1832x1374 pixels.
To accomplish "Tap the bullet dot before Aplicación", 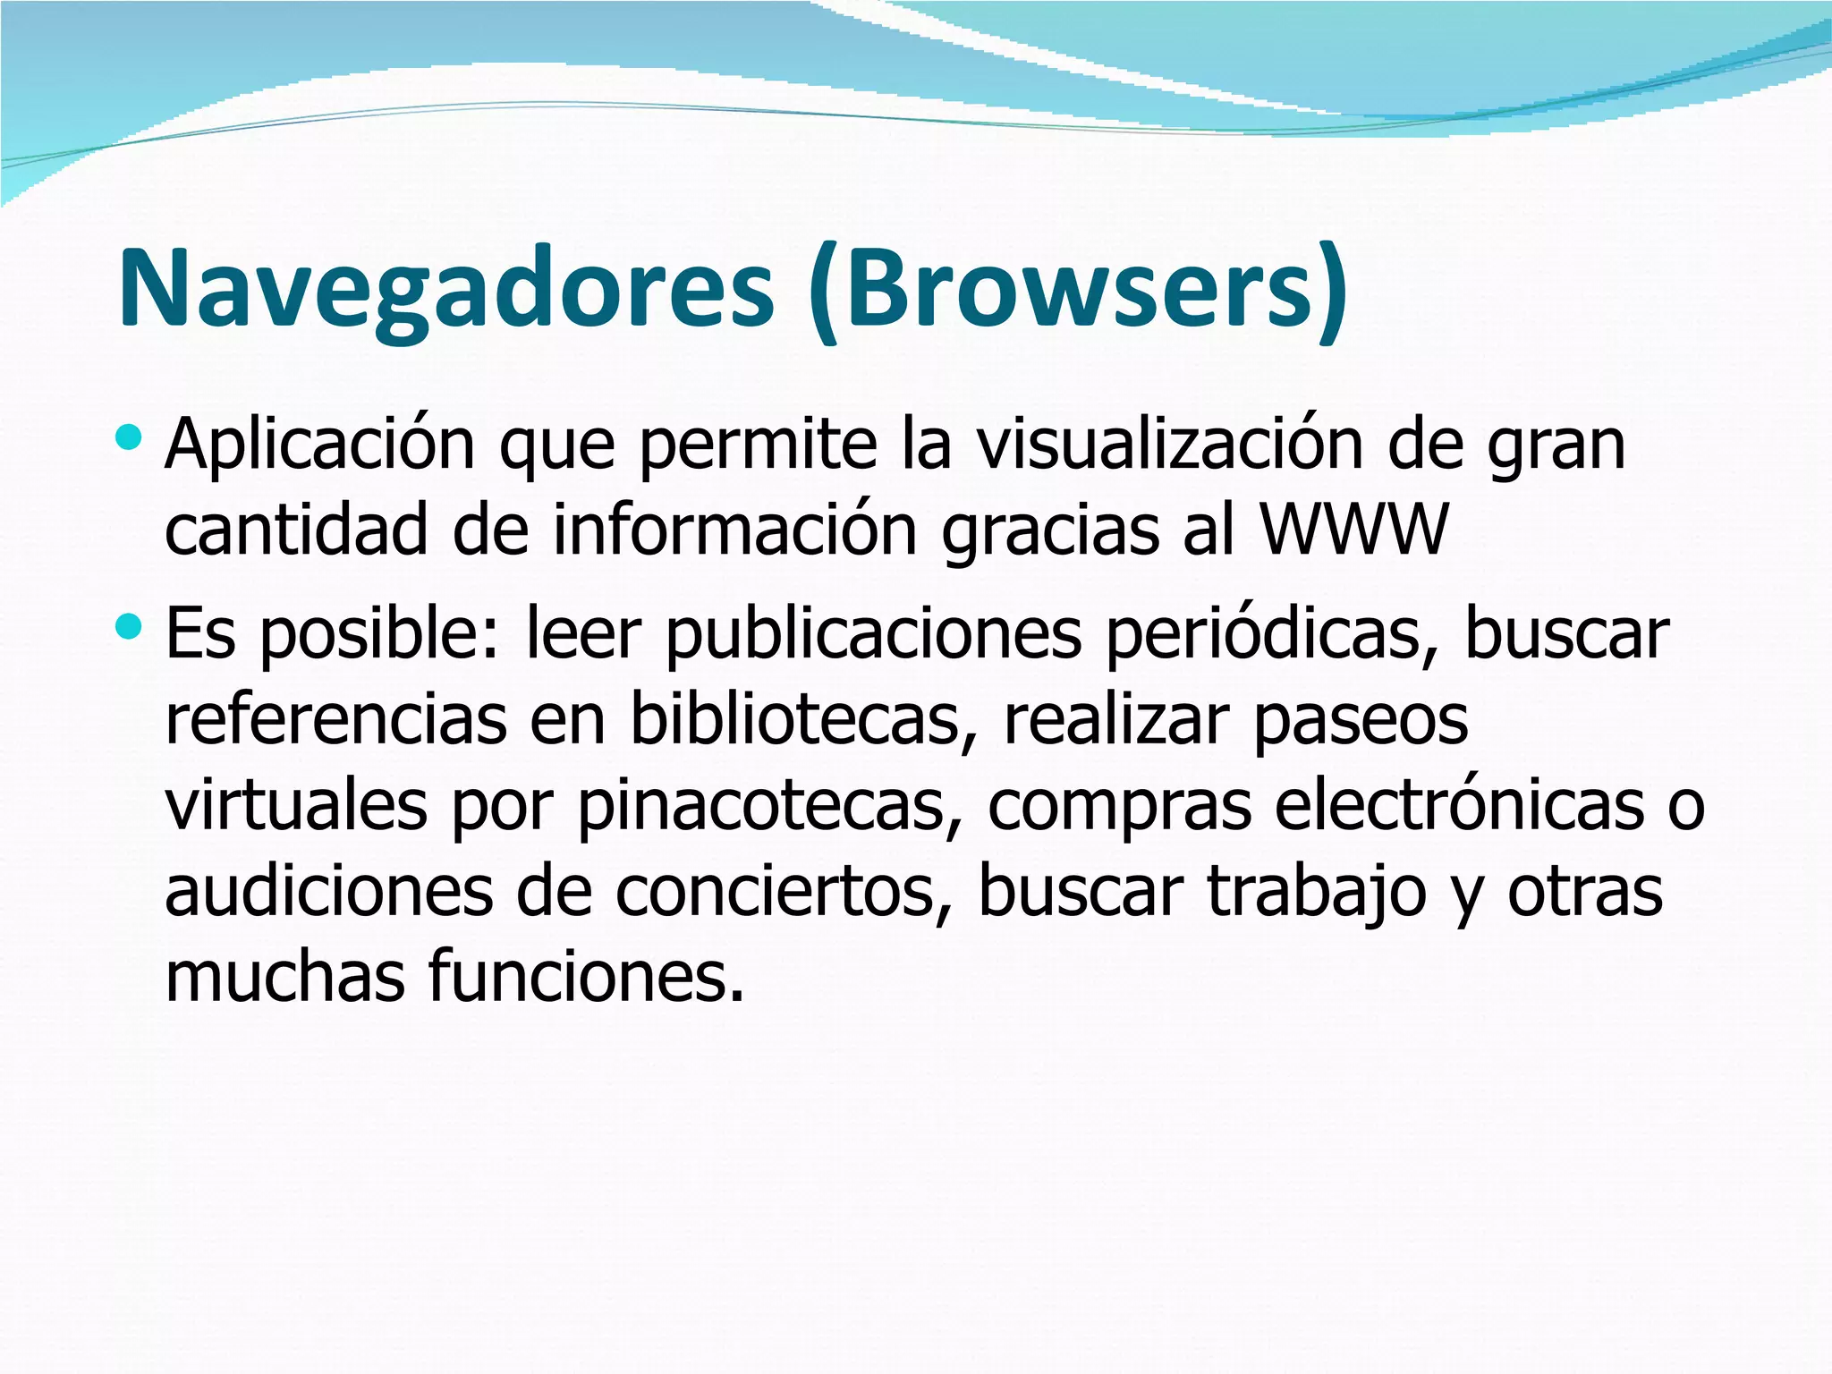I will [x=129, y=438].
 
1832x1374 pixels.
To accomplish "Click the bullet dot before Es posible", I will [x=129, y=627].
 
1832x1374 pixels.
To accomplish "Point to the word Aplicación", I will [x=319, y=445].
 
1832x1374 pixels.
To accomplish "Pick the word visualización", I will [x=1169, y=445].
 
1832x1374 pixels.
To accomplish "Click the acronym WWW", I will [x=1353, y=530].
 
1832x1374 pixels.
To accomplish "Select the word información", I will [x=735, y=530].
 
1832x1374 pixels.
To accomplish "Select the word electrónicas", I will [x=1459, y=805].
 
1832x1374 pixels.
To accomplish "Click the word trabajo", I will [x=1315, y=892].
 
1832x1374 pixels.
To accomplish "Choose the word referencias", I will [x=335, y=719].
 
